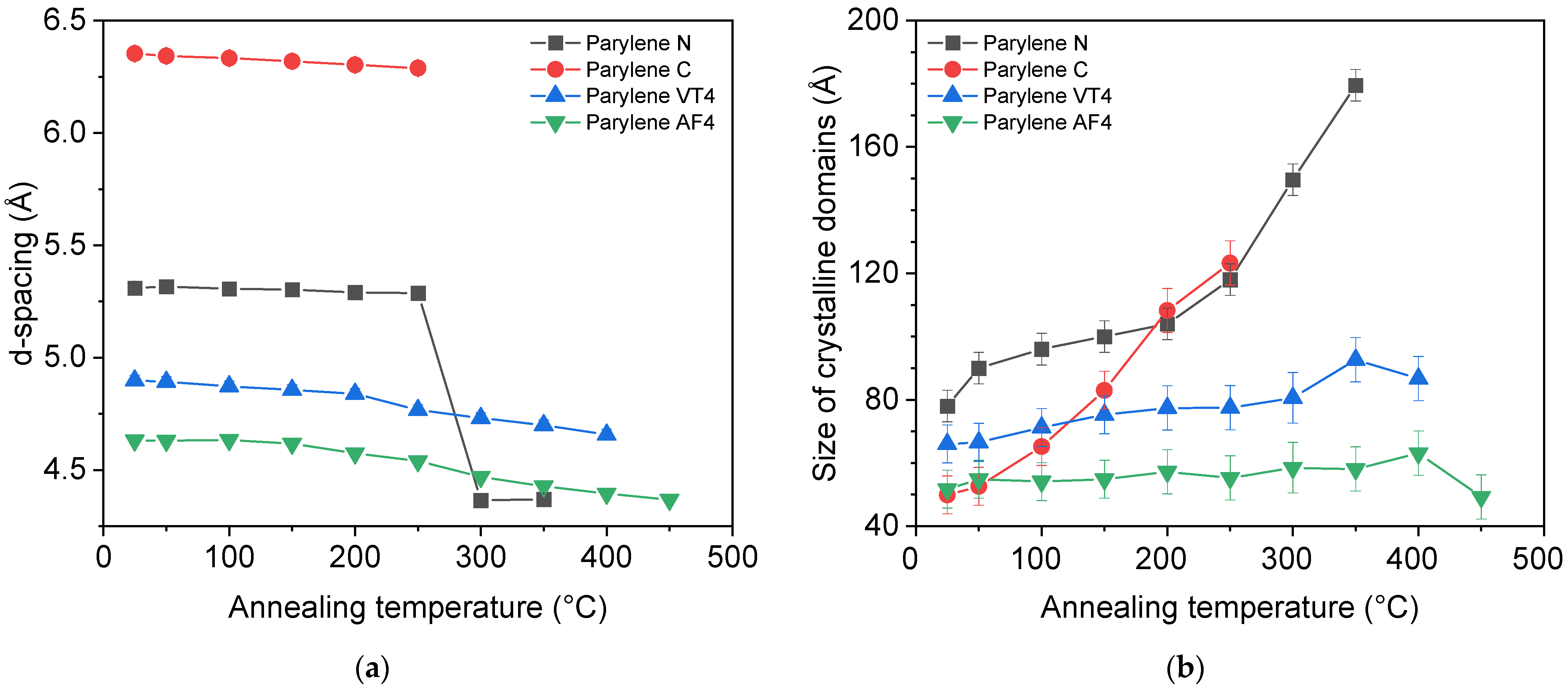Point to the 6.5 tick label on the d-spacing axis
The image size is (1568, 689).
click(x=65, y=20)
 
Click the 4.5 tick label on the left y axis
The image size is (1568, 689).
click(x=65, y=470)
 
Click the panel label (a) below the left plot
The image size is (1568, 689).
click(x=372, y=668)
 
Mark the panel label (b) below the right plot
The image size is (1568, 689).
click(x=1185, y=668)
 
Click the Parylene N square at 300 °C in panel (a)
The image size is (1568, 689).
click(x=481, y=500)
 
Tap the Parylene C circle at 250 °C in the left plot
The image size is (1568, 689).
click(x=418, y=68)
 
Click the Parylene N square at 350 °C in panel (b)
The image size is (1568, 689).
click(x=1355, y=85)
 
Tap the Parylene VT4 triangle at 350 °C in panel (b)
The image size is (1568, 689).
click(x=1355, y=358)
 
